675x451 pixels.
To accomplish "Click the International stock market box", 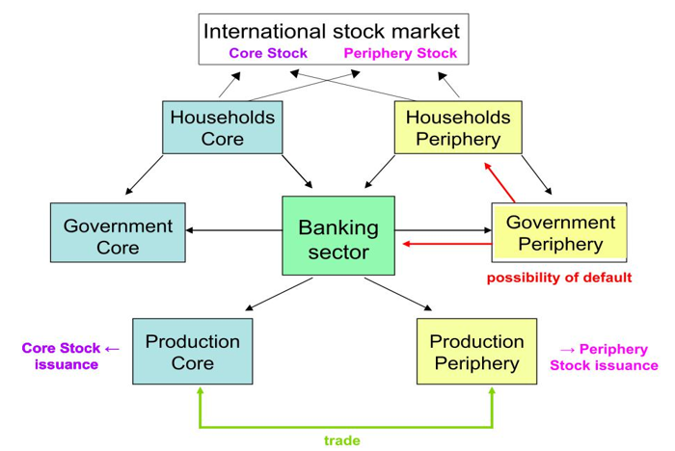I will click(333, 29).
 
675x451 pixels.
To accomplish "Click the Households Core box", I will click(222, 127).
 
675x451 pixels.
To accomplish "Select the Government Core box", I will click(118, 235).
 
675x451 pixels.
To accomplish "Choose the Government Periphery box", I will click(559, 231).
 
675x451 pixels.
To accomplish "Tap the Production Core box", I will click(192, 352).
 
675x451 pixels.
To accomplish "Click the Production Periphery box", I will click(476, 352).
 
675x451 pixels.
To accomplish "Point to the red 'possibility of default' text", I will click(558, 278).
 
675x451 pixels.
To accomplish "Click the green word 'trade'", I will click(342, 439).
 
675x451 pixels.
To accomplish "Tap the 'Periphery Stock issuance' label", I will click(605, 357).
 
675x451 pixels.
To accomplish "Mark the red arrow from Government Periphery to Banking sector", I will click(447, 245).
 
